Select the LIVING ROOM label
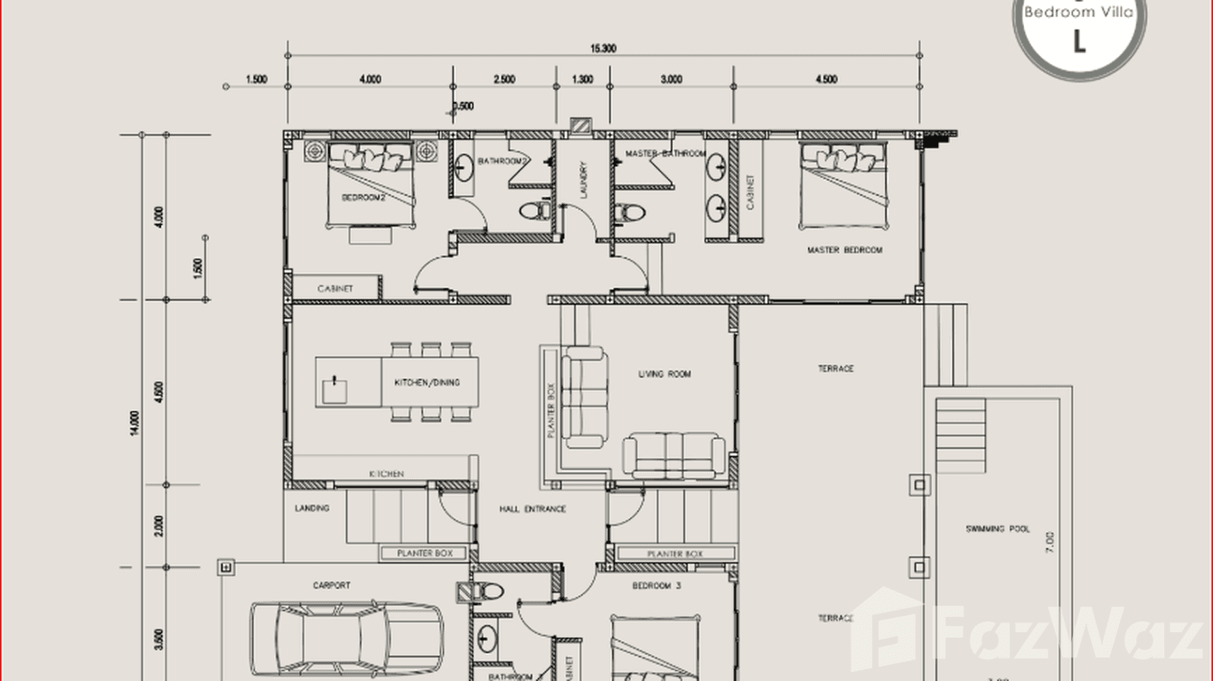click(664, 374)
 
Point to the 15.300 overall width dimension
click(603, 49)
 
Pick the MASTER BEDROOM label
click(844, 250)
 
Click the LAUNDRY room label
click(584, 180)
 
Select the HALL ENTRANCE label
click(532, 509)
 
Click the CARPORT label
click(332, 586)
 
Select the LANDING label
click(312, 508)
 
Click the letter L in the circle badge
click(1078, 41)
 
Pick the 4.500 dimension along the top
click(825, 79)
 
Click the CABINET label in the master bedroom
click(749, 191)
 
